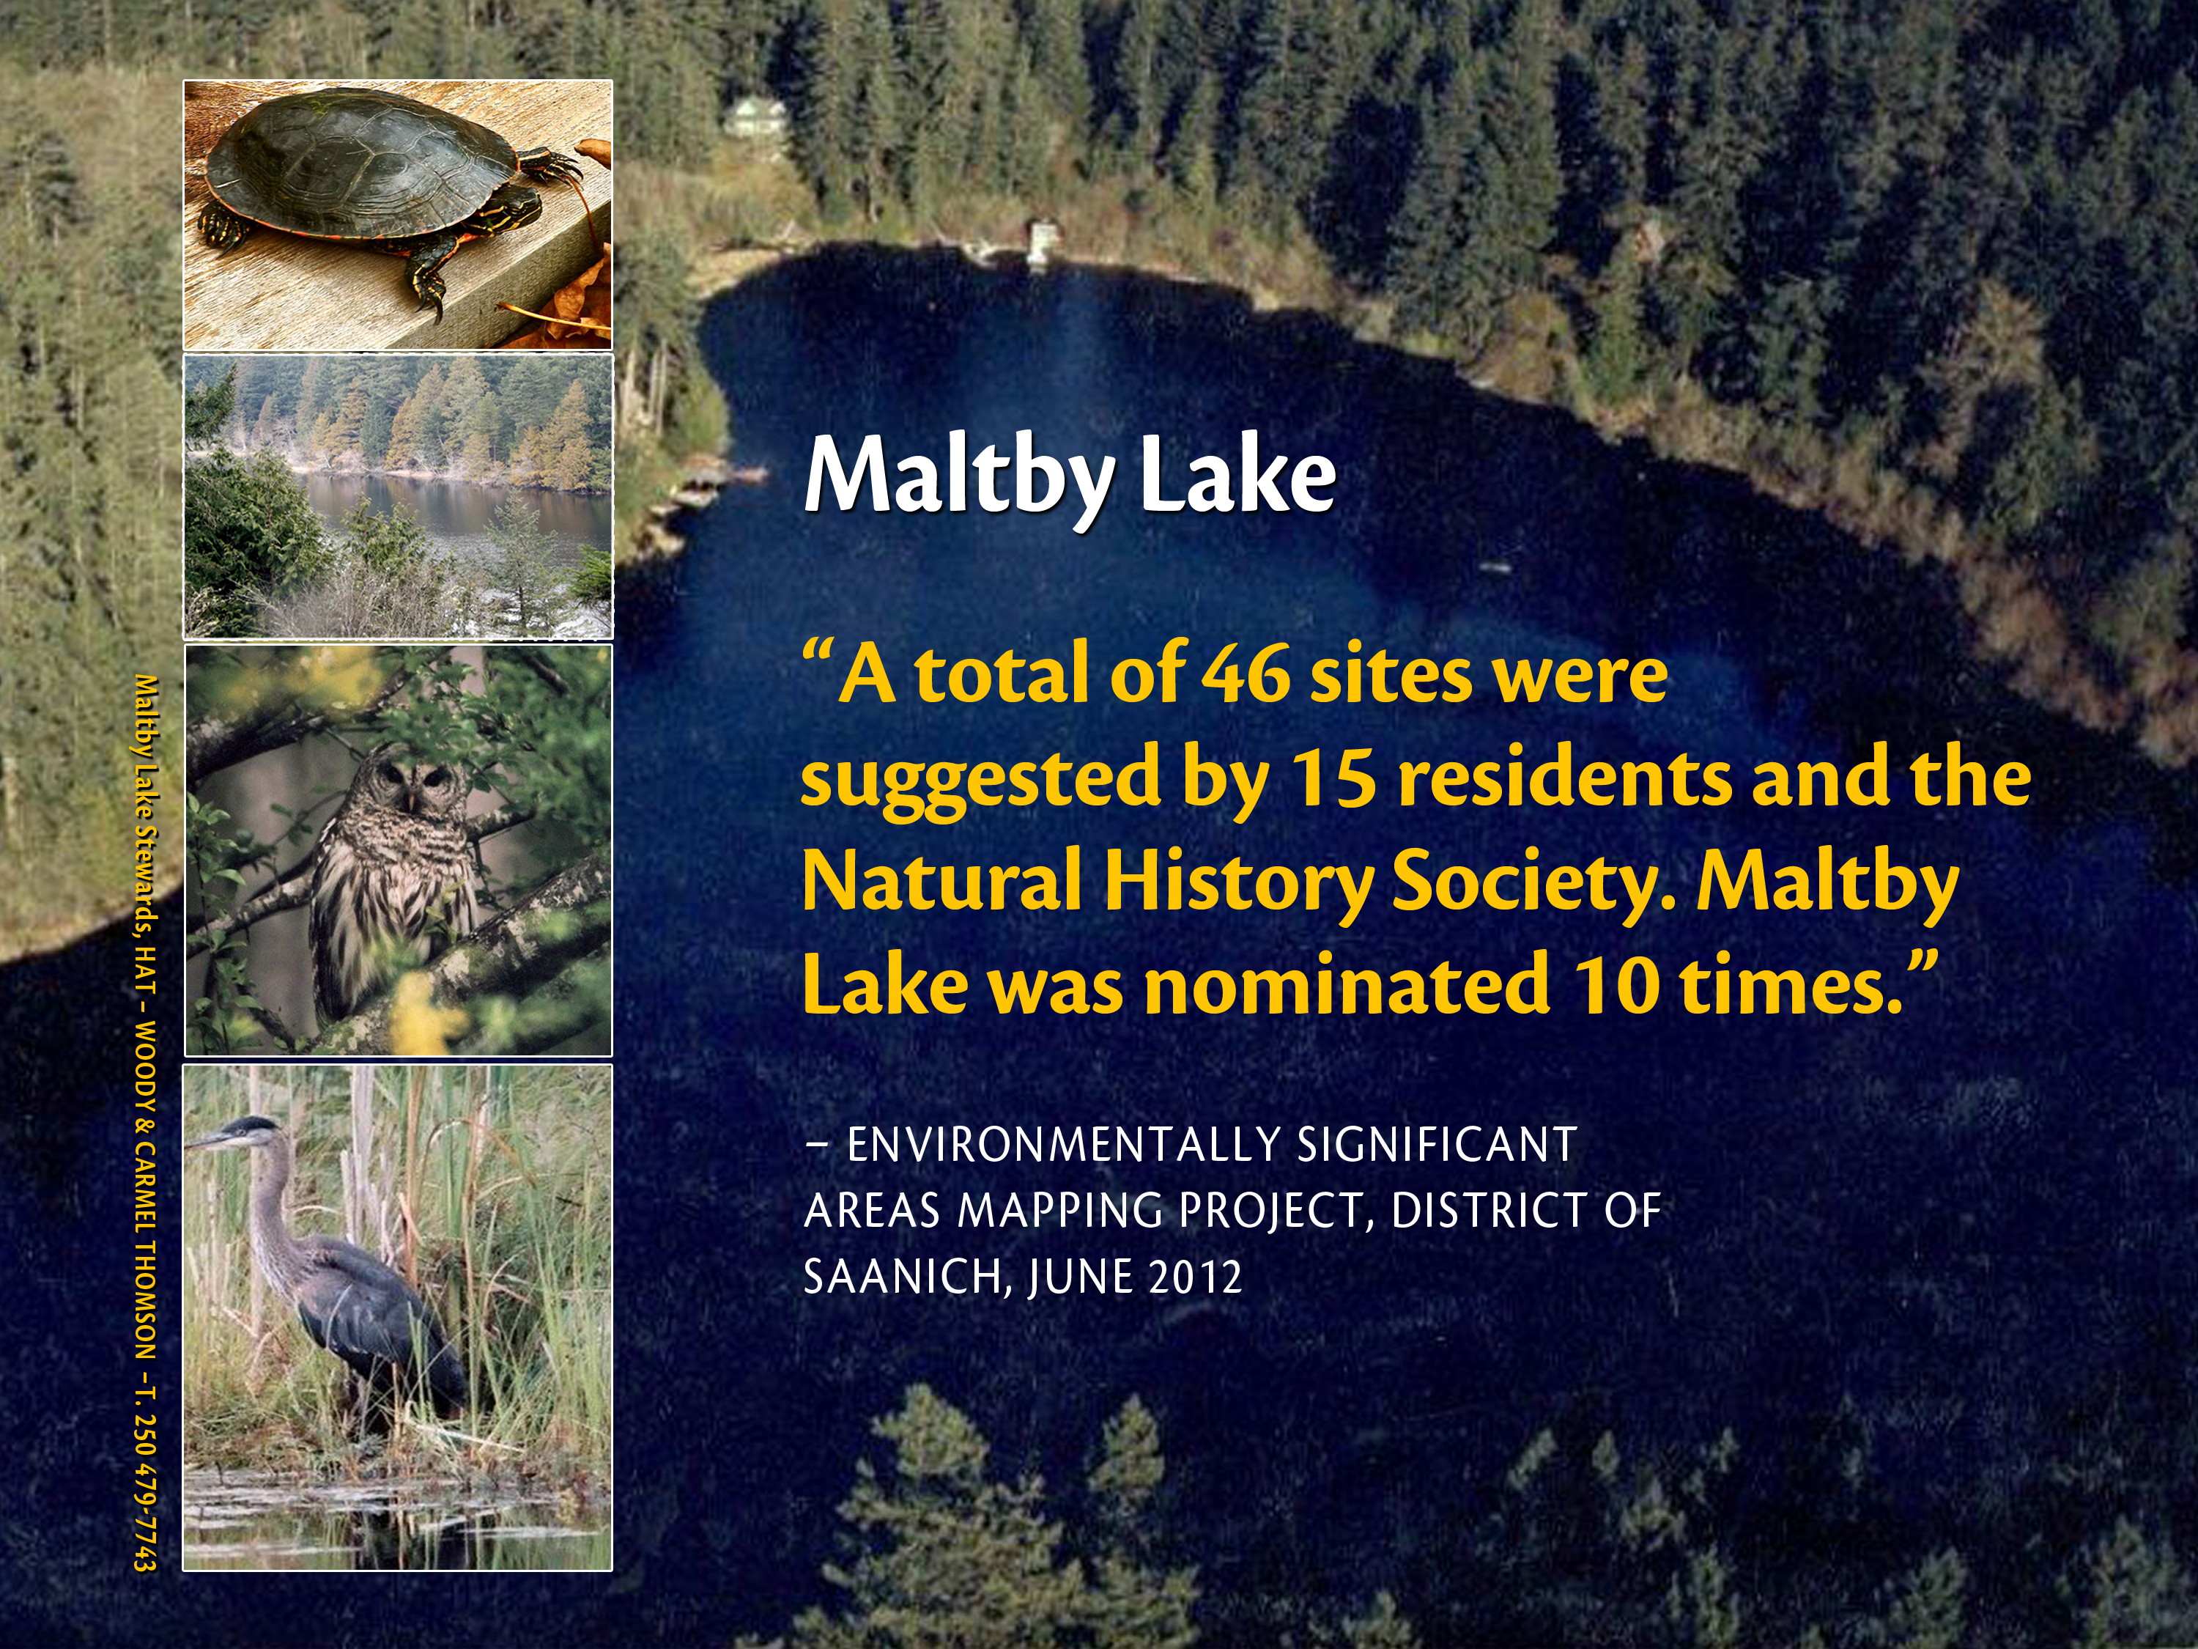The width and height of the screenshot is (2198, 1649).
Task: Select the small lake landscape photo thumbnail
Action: (x=397, y=495)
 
